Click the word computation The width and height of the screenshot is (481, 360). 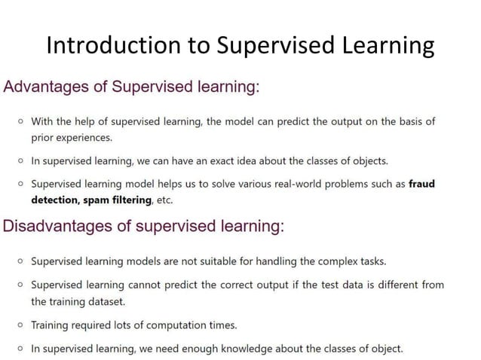[169, 325]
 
